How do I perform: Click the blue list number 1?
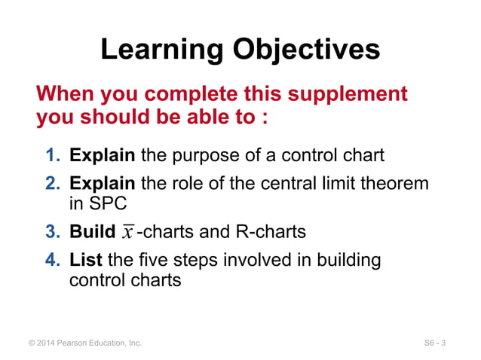pyautogui.click(x=52, y=156)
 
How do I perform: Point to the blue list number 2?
pyautogui.click(x=52, y=184)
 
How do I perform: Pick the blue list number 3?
pyautogui.click(x=52, y=231)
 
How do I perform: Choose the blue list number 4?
pyautogui.click(x=52, y=260)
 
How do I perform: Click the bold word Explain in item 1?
pyautogui.click(x=102, y=156)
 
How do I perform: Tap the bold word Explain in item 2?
pyautogui.click(x=102, y=184)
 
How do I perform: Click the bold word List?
pyautogui.click(x=86, y=260)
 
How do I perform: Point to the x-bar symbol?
pyautogui.click(x=128, y=231)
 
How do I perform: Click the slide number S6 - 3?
pyautogui.click(x=435, y=343)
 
